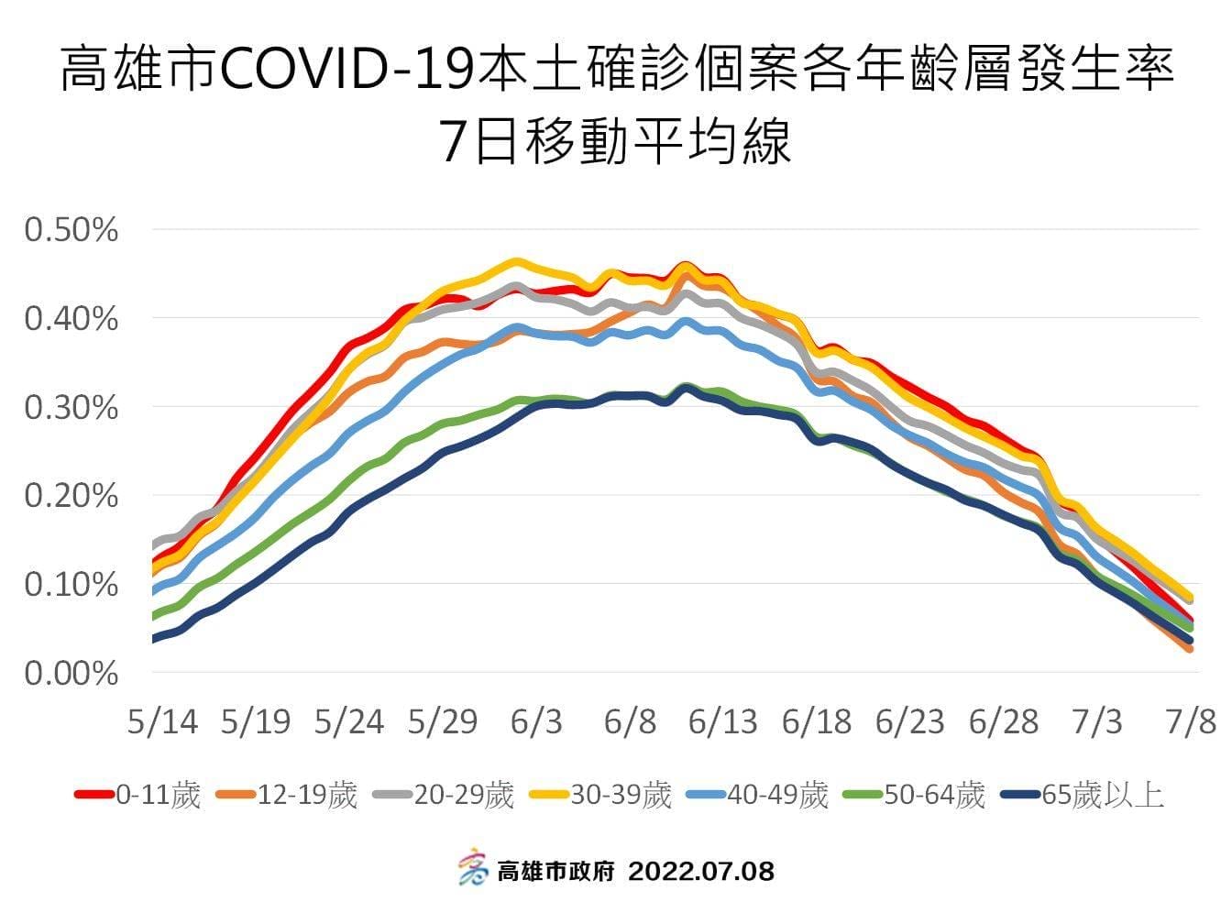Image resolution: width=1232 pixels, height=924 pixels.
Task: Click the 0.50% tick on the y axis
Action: click(71, 230)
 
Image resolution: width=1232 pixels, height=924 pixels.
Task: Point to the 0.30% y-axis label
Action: click(71, 407)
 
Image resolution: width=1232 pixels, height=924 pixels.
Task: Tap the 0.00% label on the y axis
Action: click(71, 674)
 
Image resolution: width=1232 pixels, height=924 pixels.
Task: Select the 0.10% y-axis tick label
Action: click(71, 585)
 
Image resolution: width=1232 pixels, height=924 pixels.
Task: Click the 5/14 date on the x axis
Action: click(162, 722)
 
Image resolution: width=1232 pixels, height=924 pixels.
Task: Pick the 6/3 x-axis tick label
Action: click(536, 722)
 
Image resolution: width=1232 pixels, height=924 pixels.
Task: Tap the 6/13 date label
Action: click(722, 722)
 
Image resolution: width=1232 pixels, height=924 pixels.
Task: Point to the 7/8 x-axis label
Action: click(1191, 722)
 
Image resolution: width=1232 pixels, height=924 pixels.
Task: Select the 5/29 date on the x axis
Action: click(443, 722)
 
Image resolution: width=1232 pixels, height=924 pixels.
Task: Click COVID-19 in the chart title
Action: click(348, 71)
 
